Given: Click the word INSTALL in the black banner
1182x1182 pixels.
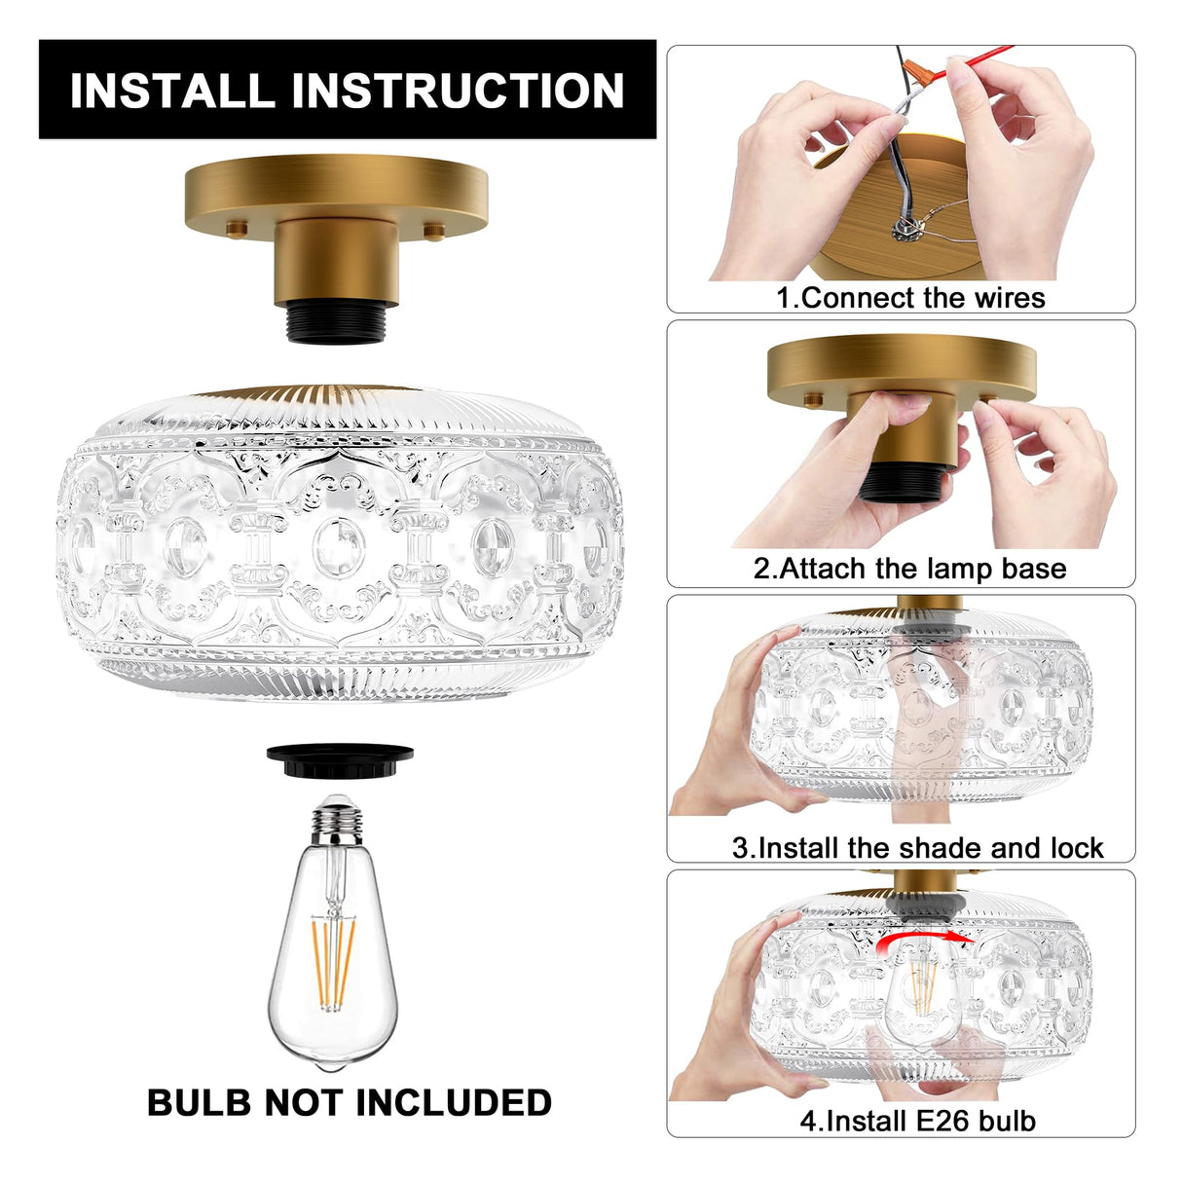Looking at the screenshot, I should pyautogui.click(x=172, y=91).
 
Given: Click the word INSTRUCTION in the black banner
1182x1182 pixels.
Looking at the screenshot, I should pyautogui.click(x=458, y=91).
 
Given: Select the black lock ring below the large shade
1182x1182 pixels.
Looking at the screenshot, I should pyautogui.click(x=340, y=757).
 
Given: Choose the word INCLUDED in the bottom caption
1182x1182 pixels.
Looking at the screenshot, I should pyautogui.click(x=454, y=1102).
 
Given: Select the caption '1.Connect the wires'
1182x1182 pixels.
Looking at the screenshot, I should pyautogui.click(x=910, y=297).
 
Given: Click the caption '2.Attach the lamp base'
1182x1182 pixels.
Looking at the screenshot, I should pyautogui.click(x=909, y=568).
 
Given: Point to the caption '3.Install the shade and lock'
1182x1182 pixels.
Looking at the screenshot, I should pyautogui.click(x=917, y=847).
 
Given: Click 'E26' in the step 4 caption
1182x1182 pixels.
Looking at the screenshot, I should pyautogui.click(x=946, y=1121).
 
